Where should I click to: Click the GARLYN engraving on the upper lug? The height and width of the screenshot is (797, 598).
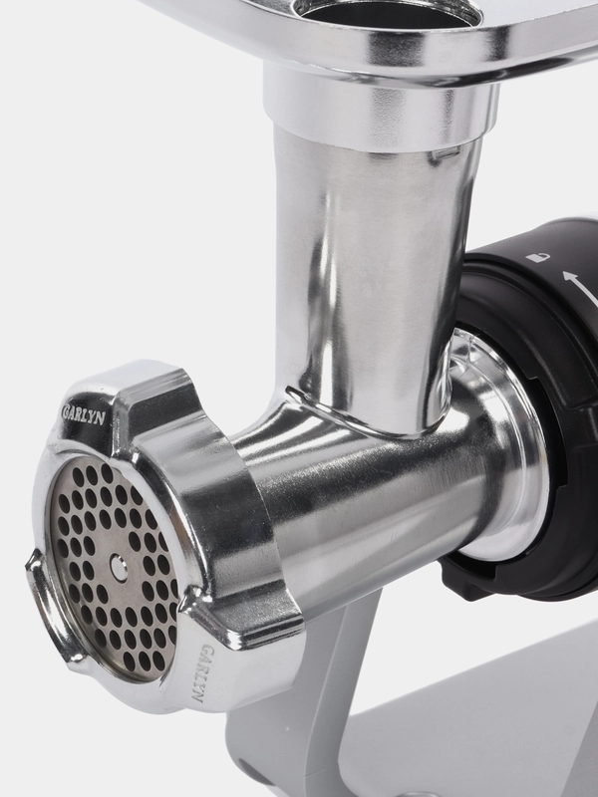point(84,413)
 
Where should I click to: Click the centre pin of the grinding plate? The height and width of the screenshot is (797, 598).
point(119,567)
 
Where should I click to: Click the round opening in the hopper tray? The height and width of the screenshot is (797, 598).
point(387,11)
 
